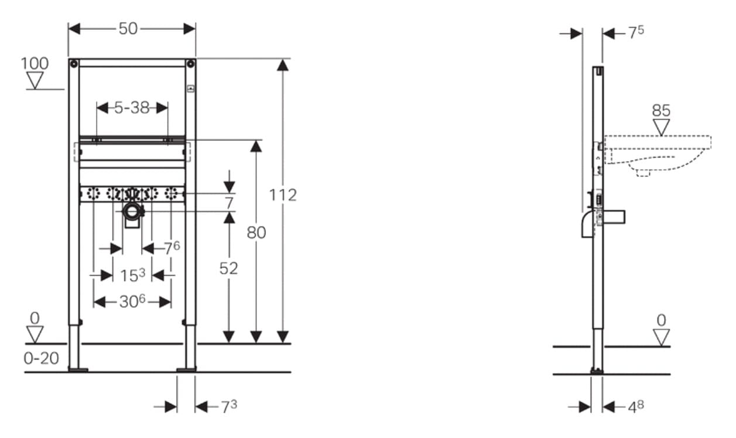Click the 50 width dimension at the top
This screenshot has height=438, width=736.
[128, 29]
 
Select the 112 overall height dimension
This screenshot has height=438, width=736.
[283, 195]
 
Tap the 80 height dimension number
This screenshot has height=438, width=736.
[256, 232]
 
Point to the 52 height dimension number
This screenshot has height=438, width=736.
[229, 269]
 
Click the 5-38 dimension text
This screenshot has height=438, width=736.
[132, 108]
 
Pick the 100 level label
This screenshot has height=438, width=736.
[35, 63]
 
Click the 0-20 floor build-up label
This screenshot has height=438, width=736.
[42, 358]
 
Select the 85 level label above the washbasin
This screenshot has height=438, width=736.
[661, 111]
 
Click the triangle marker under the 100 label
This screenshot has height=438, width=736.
[35, 80]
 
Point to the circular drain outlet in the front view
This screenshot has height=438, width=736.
[132, 211]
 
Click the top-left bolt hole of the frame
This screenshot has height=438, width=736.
[74, 63]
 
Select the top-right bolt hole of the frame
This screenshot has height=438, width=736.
[190, 63]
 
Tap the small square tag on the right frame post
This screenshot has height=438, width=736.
[191, 89]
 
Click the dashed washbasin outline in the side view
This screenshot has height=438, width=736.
[656, 155]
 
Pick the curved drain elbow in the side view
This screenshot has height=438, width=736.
[587, 225]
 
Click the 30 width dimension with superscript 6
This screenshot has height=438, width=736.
[132, 302]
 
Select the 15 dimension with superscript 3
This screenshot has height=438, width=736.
[132, 275]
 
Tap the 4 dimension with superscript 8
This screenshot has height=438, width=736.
[636, 407]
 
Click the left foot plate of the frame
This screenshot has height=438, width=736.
[78, 370]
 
